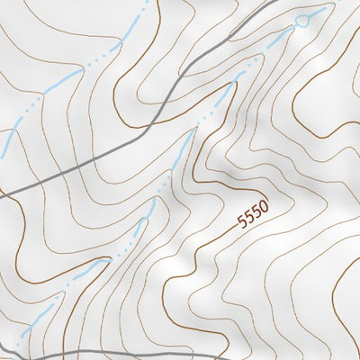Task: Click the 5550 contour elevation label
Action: (x=253, y=213)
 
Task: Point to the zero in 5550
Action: (x=265, y=206)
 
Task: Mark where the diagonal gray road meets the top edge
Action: (x=270, y=2)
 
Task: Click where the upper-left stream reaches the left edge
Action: (x=2, y=144)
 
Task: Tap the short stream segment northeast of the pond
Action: (x=319, y=11)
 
